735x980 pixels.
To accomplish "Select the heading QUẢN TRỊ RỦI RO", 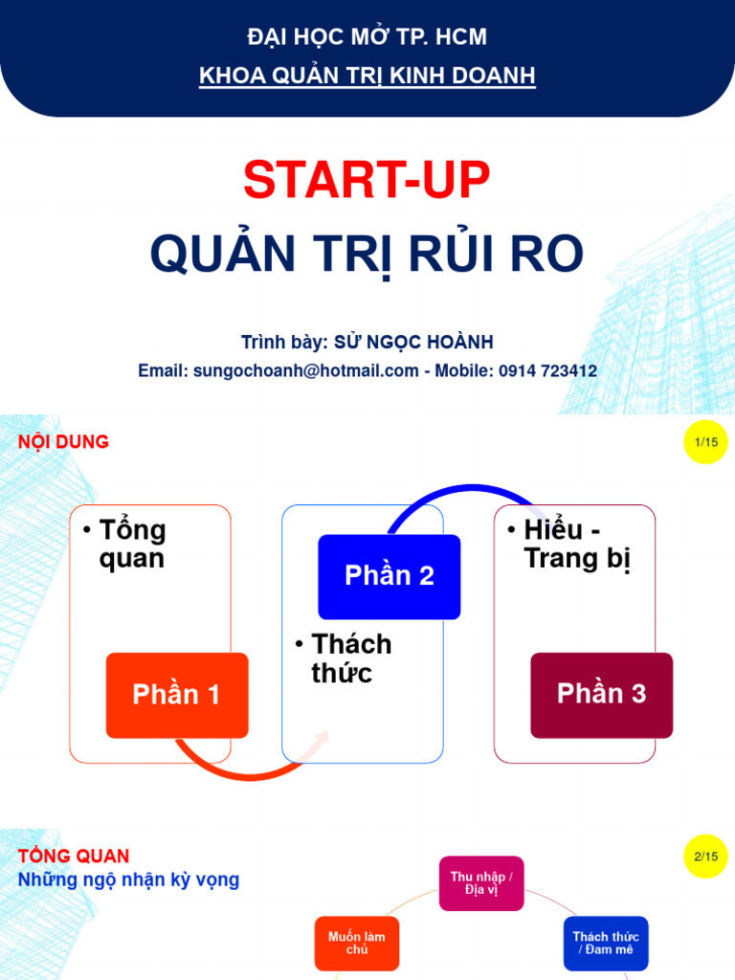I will pos(367,255).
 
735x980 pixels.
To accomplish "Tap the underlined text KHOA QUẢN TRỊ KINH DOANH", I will pos(367,77).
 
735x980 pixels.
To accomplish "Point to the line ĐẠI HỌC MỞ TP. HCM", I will pos(367,38).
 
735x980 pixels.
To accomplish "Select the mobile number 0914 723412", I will pos(547,370).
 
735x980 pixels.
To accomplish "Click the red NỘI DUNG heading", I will pos(63,441).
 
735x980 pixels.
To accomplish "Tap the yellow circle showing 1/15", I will pos(706,441).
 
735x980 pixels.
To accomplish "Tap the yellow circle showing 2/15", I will pos(706,857).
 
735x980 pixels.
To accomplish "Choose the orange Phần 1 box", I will pos(177,695).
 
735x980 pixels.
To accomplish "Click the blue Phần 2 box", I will pos(390,576).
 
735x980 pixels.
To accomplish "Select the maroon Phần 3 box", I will pos(601,695).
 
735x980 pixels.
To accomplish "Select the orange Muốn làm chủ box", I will pos(357,944).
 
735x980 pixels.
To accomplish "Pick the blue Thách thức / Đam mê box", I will pos(605,944).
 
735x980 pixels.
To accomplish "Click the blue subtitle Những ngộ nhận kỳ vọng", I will pos(129,880).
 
